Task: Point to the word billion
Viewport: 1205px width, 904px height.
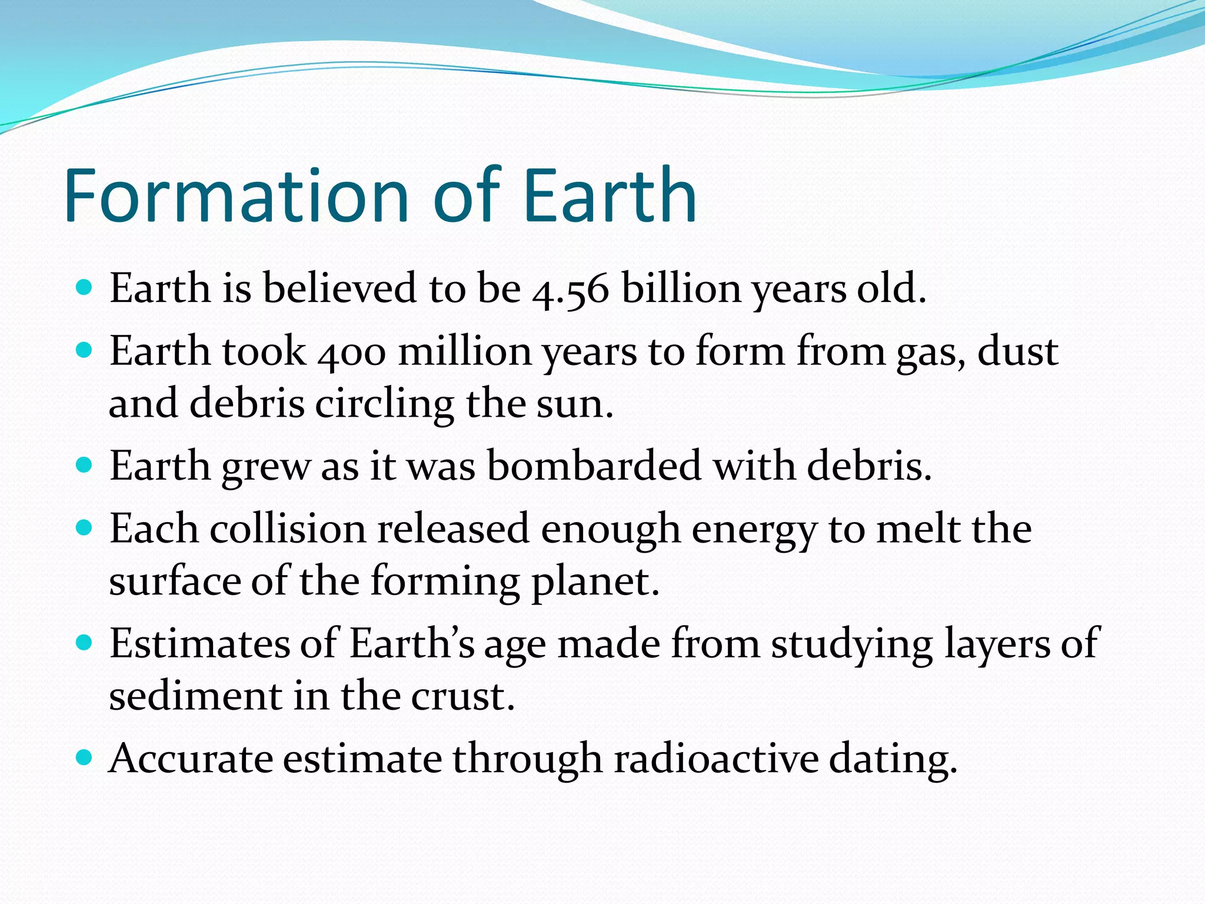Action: click(x=681, y=288)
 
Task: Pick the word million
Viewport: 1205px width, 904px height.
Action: click(x=464, y=351)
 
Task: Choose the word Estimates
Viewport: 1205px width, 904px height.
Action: click(x=199, y=643)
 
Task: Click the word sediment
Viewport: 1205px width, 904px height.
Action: click(x=195, y=696)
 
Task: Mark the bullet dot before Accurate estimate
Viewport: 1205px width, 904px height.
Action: click(x=85, y=756)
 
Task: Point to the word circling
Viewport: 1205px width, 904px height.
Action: click(x=384, y=406)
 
